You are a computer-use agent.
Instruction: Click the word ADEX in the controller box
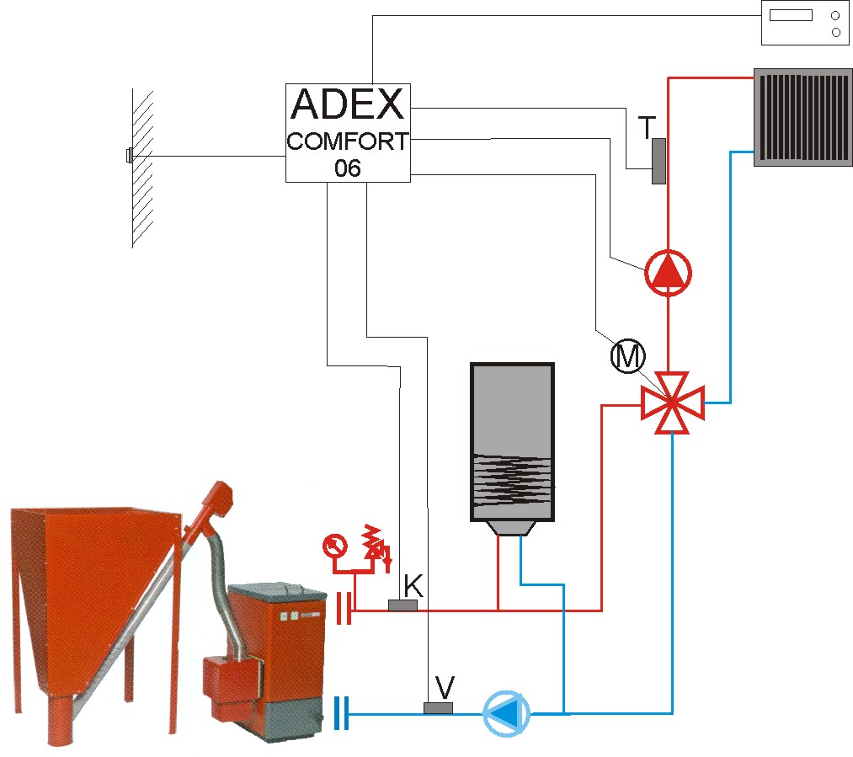(x=348, y=104)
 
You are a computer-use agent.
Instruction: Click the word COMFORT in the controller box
(x=348, y=141)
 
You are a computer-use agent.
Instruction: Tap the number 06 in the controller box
(x=348, y=168)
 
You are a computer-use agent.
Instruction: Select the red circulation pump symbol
(x=668, y=273)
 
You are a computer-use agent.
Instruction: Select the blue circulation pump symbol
(x=506, y=713)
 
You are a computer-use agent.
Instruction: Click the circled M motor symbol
(x=628, y=357)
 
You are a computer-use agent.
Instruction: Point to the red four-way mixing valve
(x=673, y=403)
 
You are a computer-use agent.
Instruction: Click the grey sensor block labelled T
(x=658, y=161)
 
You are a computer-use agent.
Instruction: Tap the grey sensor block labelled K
(x=403, y=605)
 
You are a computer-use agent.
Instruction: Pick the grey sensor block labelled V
(x=438, y=707)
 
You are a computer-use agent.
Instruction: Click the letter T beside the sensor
(x=648, y=127)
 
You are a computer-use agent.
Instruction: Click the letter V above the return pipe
(x=445, y=687)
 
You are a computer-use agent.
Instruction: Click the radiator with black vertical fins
(x=803, y=117)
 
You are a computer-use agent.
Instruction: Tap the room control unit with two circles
(x=805, y=23)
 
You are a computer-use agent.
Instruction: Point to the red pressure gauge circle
(x=334, y=546)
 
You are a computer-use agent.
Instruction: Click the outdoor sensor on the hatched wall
(x=129, y=156)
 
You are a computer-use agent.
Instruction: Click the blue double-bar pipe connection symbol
(x=342, y=713)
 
